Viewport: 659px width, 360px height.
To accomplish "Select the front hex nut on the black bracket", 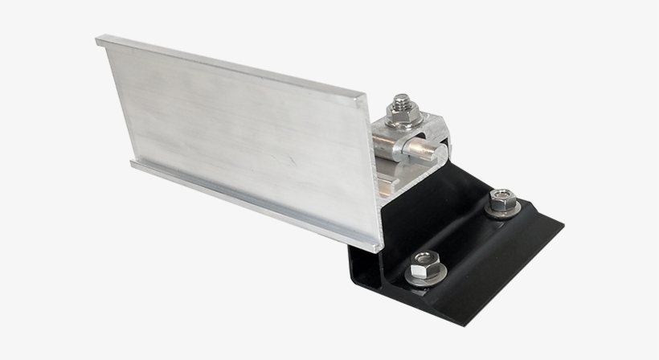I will (424, 262).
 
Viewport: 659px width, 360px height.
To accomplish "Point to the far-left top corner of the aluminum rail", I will (97, 38).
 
